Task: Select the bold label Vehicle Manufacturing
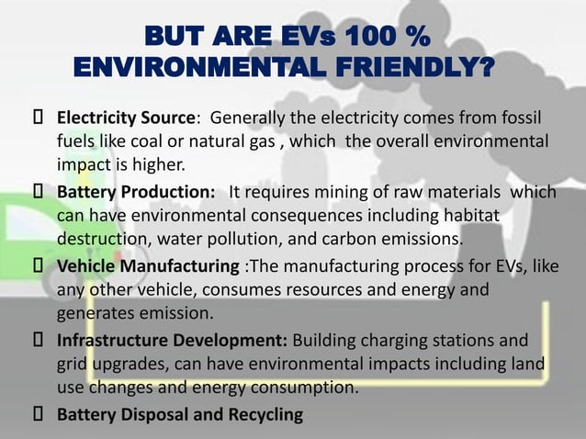click(151, 267)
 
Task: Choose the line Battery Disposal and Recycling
click(180, 415)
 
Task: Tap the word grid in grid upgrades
click(74, 366)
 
